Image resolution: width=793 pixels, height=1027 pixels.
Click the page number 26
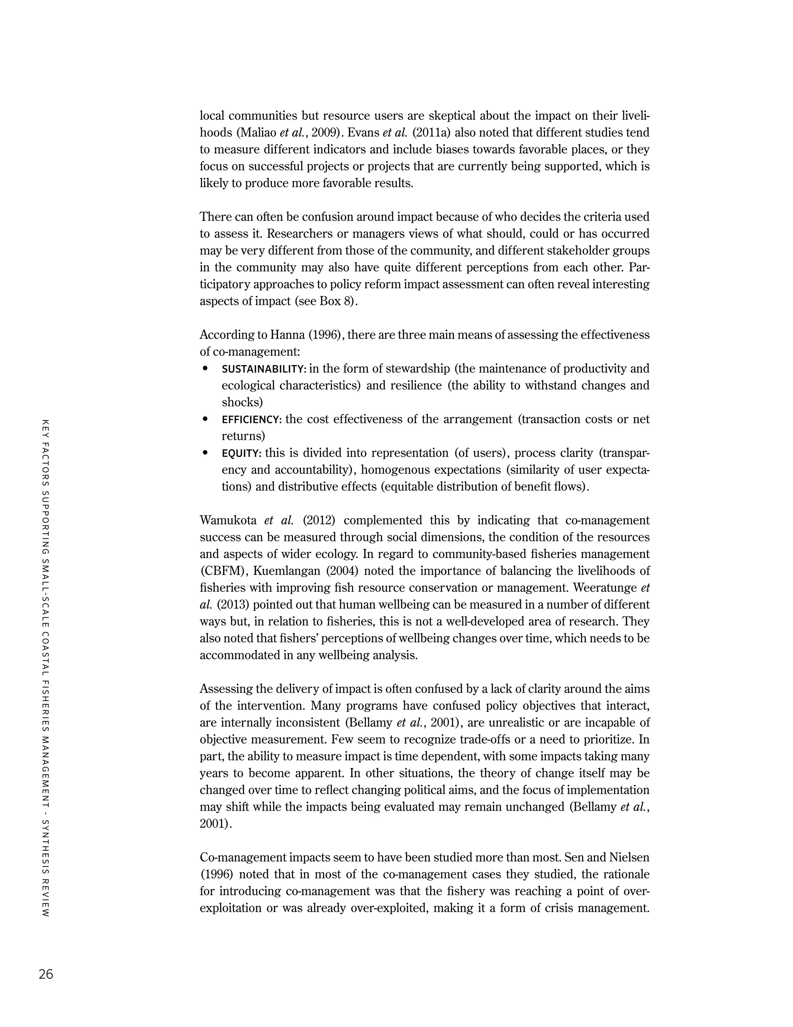coord(46,974)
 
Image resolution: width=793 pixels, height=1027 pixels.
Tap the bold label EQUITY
coord(241,453)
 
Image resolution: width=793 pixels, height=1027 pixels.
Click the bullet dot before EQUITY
coord(205,453)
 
